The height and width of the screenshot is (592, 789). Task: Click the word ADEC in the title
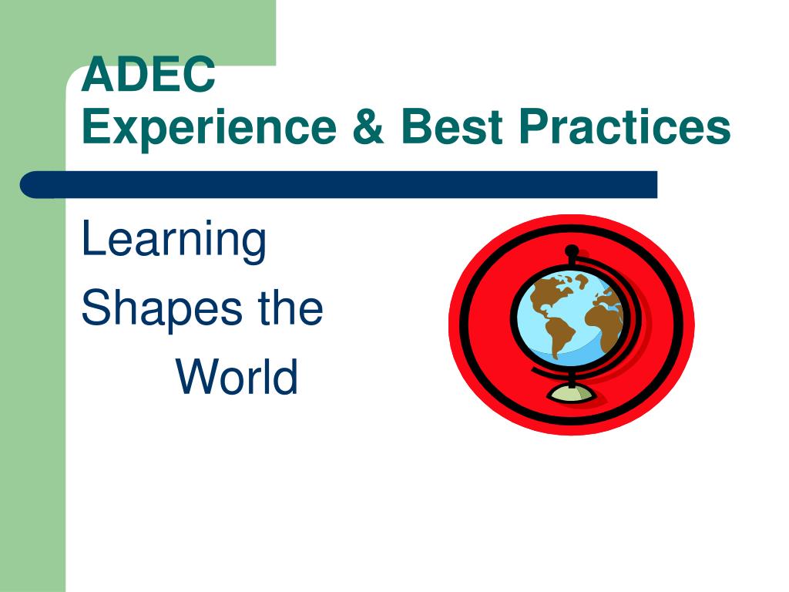pyautogui.click(x=149, y=74)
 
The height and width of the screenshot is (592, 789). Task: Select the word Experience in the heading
pyautogui.click(x=209, y=129)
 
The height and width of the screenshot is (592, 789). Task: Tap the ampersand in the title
pyautogui.click(x=368, y=126)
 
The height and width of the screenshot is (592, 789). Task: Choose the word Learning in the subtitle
pyautogui.click(x=173, y=241)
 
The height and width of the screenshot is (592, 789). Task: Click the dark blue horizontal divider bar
pyautogui.click(x=339, y=185)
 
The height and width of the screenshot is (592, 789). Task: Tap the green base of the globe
pyautogui.click(x=571, y=394)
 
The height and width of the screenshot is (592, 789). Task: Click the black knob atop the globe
pyautogui.click(x=572, y=251)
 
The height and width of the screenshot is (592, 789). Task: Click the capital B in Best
pyautogui.click(x=417, y=126)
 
